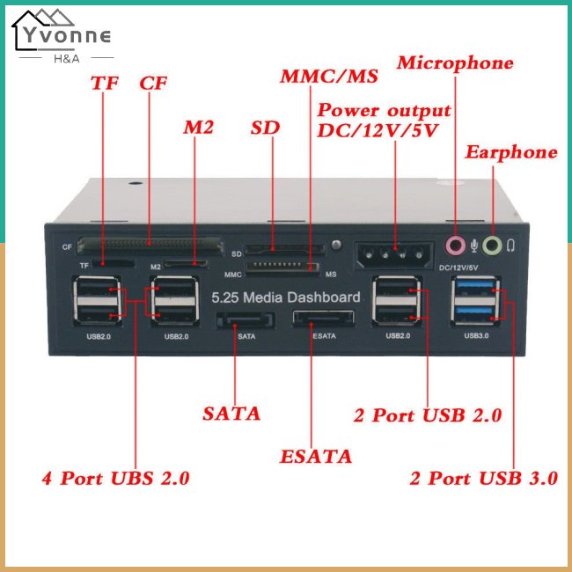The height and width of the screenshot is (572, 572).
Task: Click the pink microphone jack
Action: pos(455,245)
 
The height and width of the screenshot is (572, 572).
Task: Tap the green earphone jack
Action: pos(492,246)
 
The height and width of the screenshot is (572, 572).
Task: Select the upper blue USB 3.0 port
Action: pos(475,286)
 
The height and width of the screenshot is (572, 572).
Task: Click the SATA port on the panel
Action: pos(245,320)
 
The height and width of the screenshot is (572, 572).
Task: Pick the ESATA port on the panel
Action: pos(323,319)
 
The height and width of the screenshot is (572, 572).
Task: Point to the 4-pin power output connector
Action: pos(394,254)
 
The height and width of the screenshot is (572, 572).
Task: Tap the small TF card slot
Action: pos(114,262)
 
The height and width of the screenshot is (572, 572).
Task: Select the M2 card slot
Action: pos(186,263)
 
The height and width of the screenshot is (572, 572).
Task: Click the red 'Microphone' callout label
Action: pos(455,62)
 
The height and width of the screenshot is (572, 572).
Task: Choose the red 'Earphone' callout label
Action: pos(511,152)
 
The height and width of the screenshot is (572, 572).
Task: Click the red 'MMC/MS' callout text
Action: pos(329,76)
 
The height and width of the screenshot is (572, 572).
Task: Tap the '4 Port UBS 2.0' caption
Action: pos(115,478)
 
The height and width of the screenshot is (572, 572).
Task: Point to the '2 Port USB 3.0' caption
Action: pos(484,478)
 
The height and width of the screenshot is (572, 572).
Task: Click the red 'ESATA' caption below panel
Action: pos(316,457)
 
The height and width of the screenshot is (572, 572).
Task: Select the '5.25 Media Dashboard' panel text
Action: pos(286,297)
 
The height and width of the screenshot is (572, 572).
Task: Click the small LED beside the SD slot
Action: pos(336,245)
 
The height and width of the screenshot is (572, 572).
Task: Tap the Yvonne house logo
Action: pos(62,36)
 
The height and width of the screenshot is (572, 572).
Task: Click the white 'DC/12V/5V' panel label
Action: pos(458,268)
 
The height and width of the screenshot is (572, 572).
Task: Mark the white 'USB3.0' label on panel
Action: pos(476,335)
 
